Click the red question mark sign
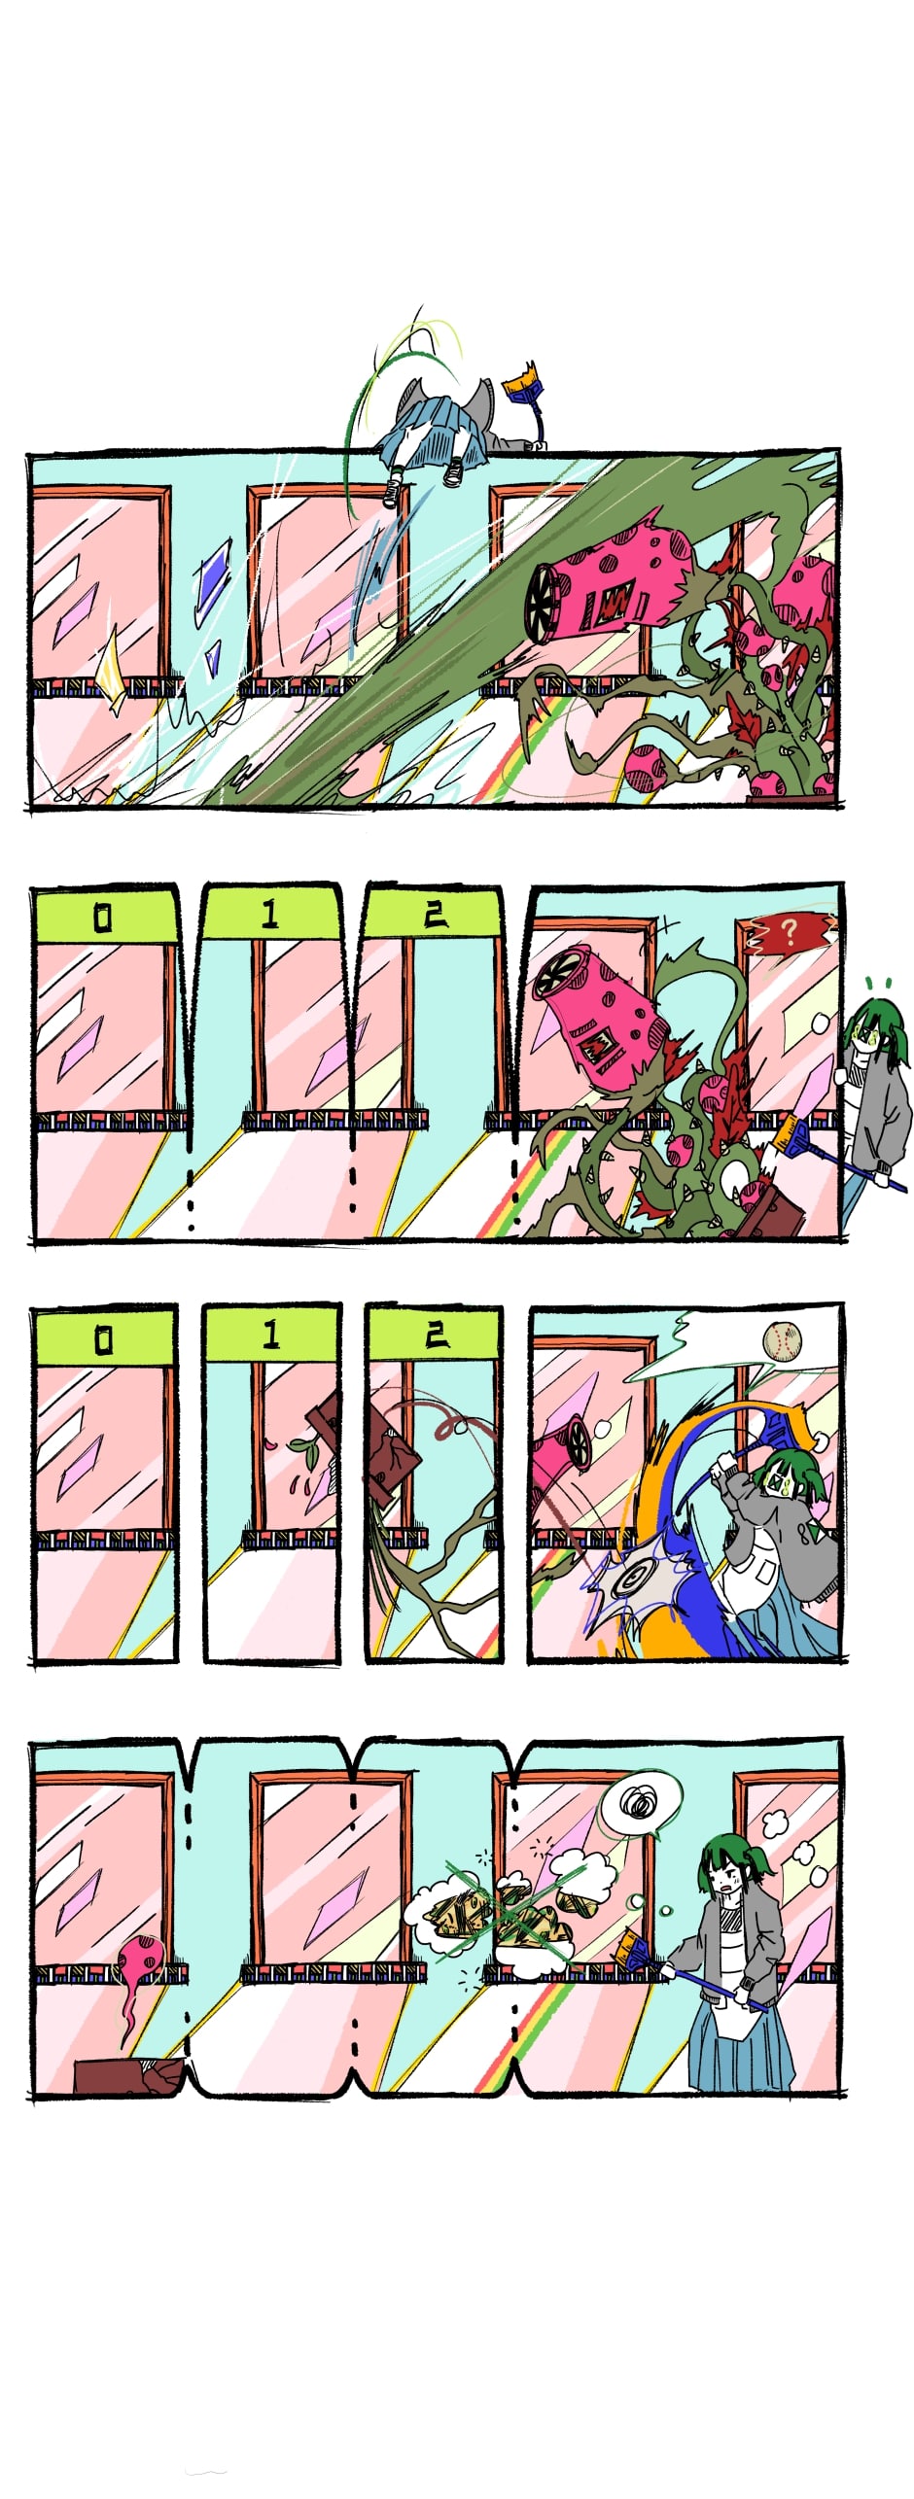click(789, 932)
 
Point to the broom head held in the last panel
click(635, 1954)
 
